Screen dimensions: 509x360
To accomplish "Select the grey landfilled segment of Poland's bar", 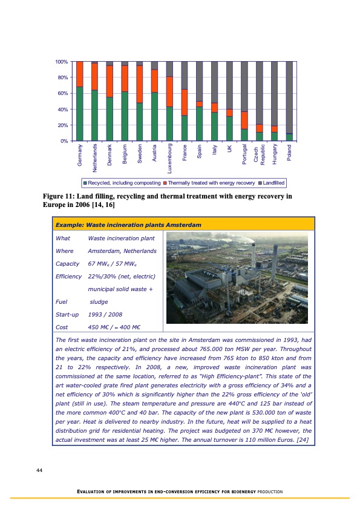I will coord(289,97).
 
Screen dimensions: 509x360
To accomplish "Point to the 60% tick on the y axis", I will coord(61,93).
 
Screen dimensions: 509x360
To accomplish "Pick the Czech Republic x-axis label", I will coord(259,154).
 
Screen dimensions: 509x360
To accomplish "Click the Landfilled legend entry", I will coord(272,182).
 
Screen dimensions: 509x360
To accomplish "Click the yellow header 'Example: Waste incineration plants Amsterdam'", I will coord(128,225).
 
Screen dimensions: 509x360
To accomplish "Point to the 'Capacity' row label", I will coord(67,264).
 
